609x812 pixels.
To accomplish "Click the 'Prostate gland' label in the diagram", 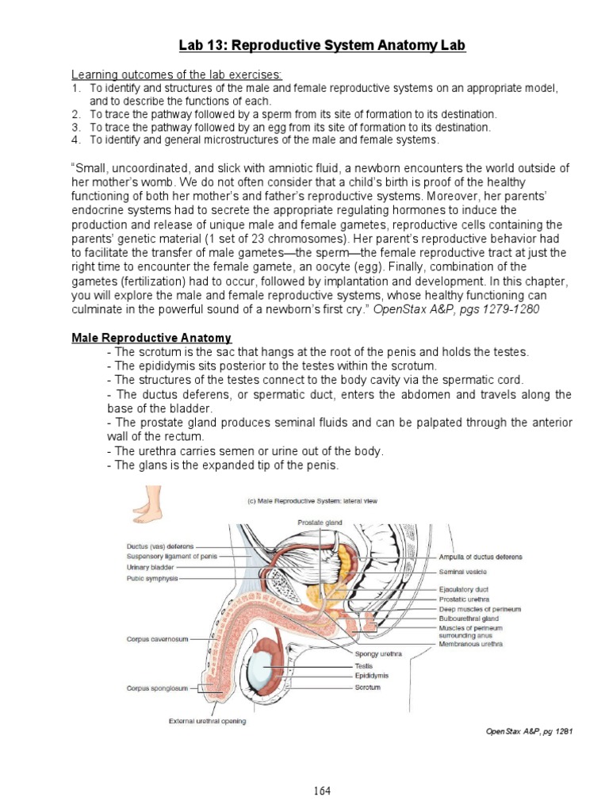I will pos(320,523).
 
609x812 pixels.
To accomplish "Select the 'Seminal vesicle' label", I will pos(463,572).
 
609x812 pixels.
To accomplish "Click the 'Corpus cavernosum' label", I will pos(157,638).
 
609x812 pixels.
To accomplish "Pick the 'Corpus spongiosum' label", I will pos(157,689).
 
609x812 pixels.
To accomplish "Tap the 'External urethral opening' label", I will pos(206,721).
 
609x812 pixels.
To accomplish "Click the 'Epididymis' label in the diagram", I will pos(371,676).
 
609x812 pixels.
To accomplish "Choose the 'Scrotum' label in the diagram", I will pos(367,688).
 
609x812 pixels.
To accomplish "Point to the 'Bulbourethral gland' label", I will pos(468,619).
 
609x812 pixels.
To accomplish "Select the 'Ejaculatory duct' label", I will pos(462,590).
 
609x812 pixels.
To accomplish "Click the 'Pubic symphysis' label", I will pos(152,579).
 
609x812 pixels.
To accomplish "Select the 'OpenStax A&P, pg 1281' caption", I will pos(528,731).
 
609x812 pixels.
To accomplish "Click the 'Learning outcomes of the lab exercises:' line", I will pos(173,74).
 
